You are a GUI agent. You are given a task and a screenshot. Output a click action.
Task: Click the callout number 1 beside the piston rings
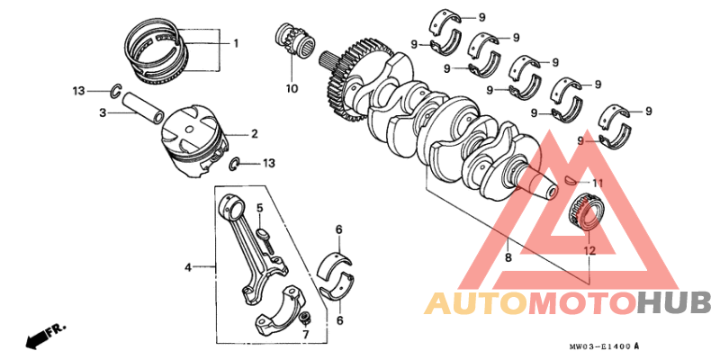pyautogui.click(x=236, y=43)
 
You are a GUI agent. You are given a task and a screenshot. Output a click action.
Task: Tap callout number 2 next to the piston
pyautogui.click(x=254, y=134)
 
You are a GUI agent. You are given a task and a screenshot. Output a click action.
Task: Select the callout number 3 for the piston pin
pyautogui.click(x=103, y=112)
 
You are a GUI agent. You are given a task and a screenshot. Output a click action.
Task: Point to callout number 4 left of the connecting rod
pyautogui.click(x=189, y=266)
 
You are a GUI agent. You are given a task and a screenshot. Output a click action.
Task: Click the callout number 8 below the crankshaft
pyautogui.click(x=509, y=257)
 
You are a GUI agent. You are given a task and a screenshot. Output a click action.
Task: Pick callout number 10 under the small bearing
pyautogui.click(x=291, y=88)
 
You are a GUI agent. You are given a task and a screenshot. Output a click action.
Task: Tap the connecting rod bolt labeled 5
pyautogui.click(x=265, y=236)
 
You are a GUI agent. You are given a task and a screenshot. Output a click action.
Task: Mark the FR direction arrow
pyautogui.click(x=40, y=337)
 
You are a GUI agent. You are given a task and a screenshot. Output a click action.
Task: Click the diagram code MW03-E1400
pyautogui.click(x=603, y=346)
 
